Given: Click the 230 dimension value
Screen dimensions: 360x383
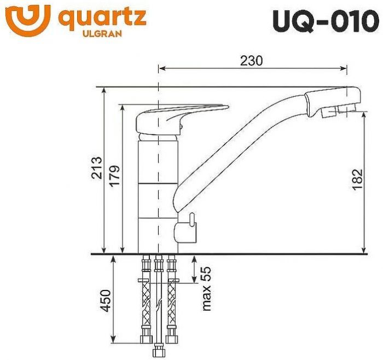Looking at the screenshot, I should pyautogui.click(x=251, y=61).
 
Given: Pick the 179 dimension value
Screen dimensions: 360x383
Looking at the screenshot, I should pyautogui.click(x=114, y=175).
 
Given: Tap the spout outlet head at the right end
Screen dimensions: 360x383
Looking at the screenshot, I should pyautogui.click(x=334, y=103).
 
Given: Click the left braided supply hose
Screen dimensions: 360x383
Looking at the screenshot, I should pyautogui.click(x=145, y=295).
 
